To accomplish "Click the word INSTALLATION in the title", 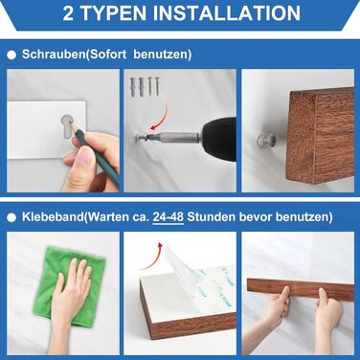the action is [227, 12].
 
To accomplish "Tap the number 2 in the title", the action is [68, 13].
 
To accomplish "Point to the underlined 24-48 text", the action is [169, 217].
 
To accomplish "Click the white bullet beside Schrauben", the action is [11, 56].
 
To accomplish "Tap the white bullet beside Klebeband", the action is [11, 218].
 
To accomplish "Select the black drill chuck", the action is [218, 135].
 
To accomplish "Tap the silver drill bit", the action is [172, 137].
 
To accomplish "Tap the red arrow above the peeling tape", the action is [152, 258].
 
